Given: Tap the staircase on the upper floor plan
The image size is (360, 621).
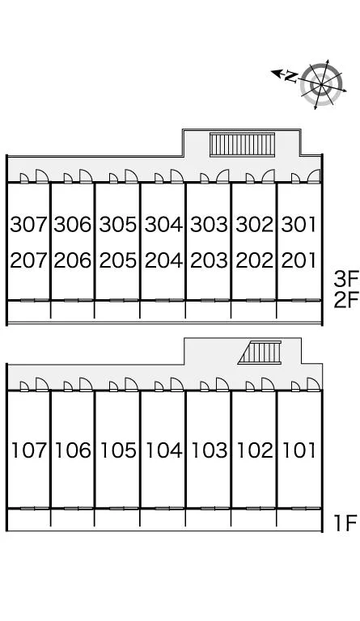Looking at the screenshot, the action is [x=242, y=145].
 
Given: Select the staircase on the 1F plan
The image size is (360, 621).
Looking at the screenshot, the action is [x=260, y=352].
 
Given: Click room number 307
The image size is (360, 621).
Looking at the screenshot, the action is [x=28, y=225].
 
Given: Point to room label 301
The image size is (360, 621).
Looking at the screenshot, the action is [x=299, y=225].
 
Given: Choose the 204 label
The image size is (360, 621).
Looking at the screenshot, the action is [x=163, y=260].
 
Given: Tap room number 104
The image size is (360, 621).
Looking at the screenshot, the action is [x=164, y=450].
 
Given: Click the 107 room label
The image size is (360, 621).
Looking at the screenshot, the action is [x=29, y=450].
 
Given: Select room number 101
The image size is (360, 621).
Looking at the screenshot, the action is [x=299, y=450].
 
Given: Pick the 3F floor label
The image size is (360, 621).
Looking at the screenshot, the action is [x=345, y=280].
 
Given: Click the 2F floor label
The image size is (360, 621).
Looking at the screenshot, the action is [x=345, y=301].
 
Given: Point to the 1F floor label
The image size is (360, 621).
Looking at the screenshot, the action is [x=345, y=523].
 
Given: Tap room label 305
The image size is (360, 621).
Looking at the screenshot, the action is [x=118, y=225].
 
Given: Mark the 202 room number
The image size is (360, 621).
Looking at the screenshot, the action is [x=255, y=260].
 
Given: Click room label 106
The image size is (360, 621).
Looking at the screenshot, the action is [x=73, y=450].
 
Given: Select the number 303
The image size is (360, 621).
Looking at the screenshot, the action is [x=209, y=225].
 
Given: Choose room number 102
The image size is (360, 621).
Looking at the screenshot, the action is [x=255, y=450].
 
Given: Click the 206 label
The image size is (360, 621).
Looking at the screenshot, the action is [x=73, y=260].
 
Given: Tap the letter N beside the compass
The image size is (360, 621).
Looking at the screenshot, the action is [x=291, y=77].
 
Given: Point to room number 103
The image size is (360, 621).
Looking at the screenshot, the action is [x=210, y=450].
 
